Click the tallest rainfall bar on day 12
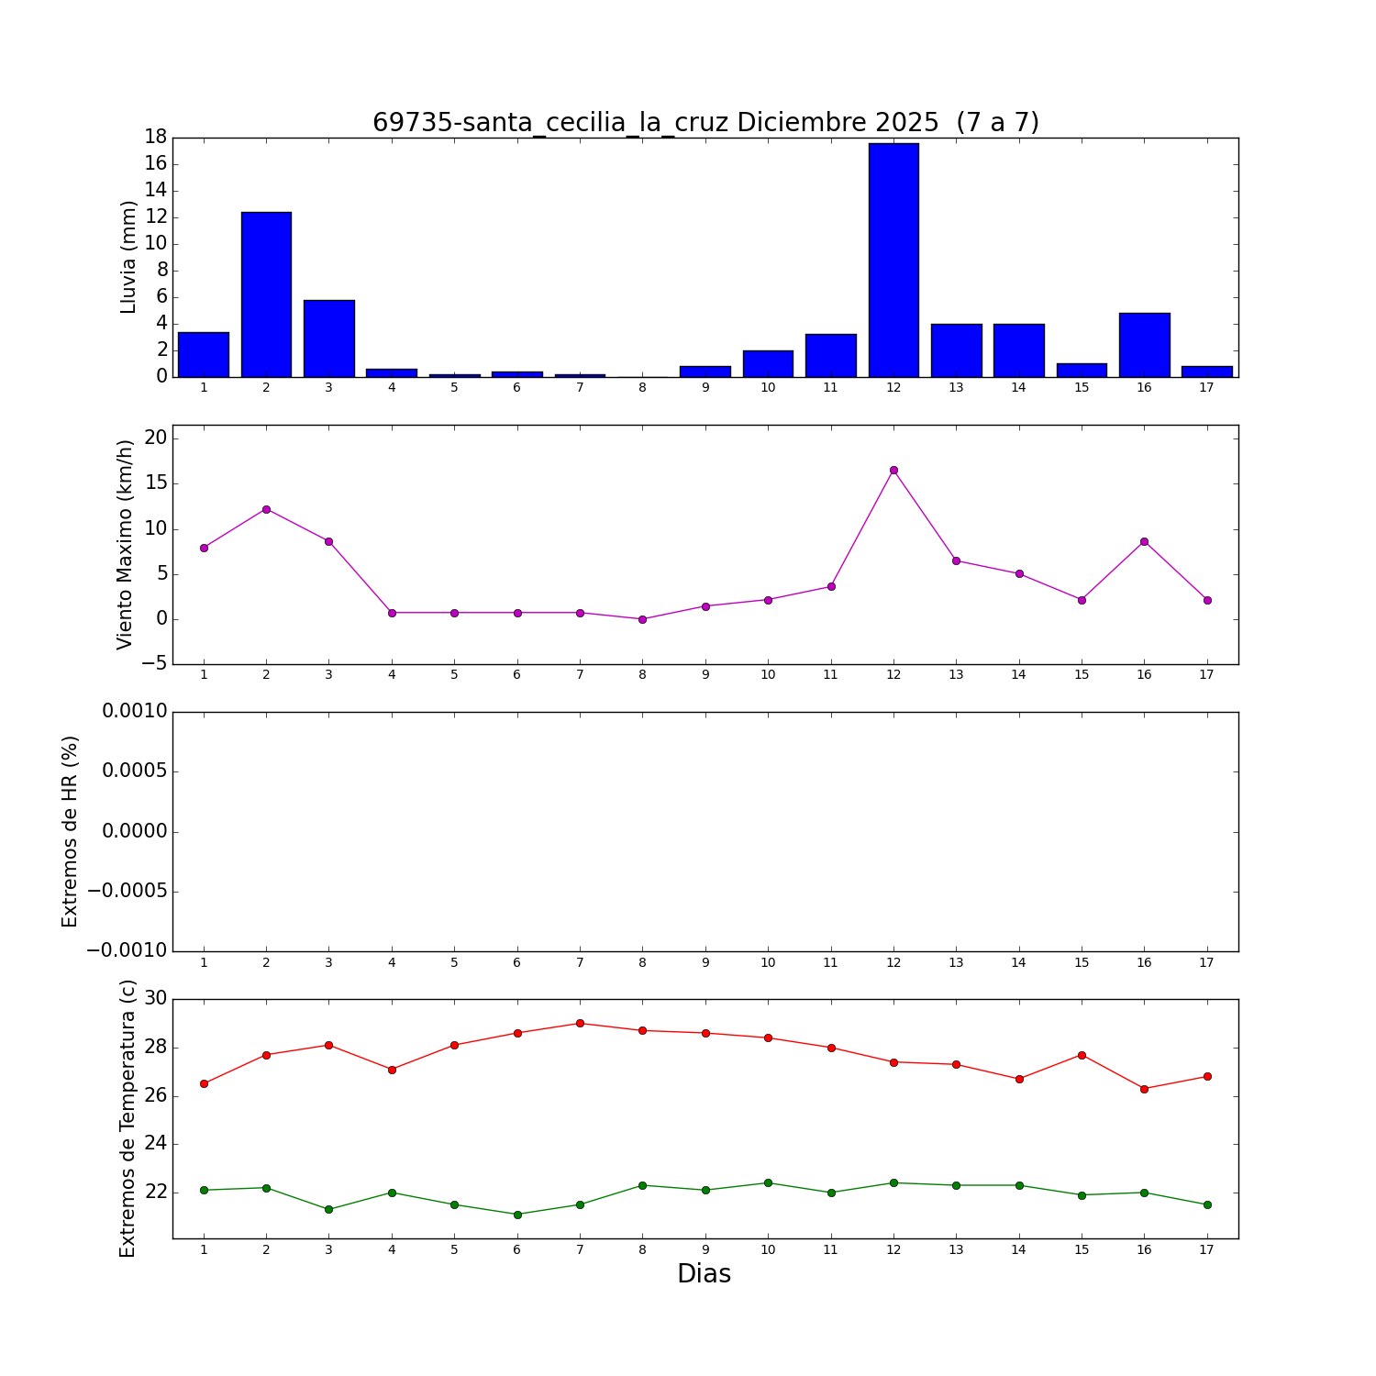893,260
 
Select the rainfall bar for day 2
266,294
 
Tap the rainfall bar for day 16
1144,345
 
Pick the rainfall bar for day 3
328,338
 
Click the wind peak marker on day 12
893,471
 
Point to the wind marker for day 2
266,509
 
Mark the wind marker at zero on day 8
642,619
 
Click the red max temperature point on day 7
580,1023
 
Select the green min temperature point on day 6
517,1215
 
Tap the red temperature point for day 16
1144,1089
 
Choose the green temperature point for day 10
768,1182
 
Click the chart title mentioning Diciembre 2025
705,122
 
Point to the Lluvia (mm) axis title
128,257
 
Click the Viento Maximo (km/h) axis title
126,544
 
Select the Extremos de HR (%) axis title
71,831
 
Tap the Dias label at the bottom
704,1273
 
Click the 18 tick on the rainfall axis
154,138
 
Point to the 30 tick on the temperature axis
155,999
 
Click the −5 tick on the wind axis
154,663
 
